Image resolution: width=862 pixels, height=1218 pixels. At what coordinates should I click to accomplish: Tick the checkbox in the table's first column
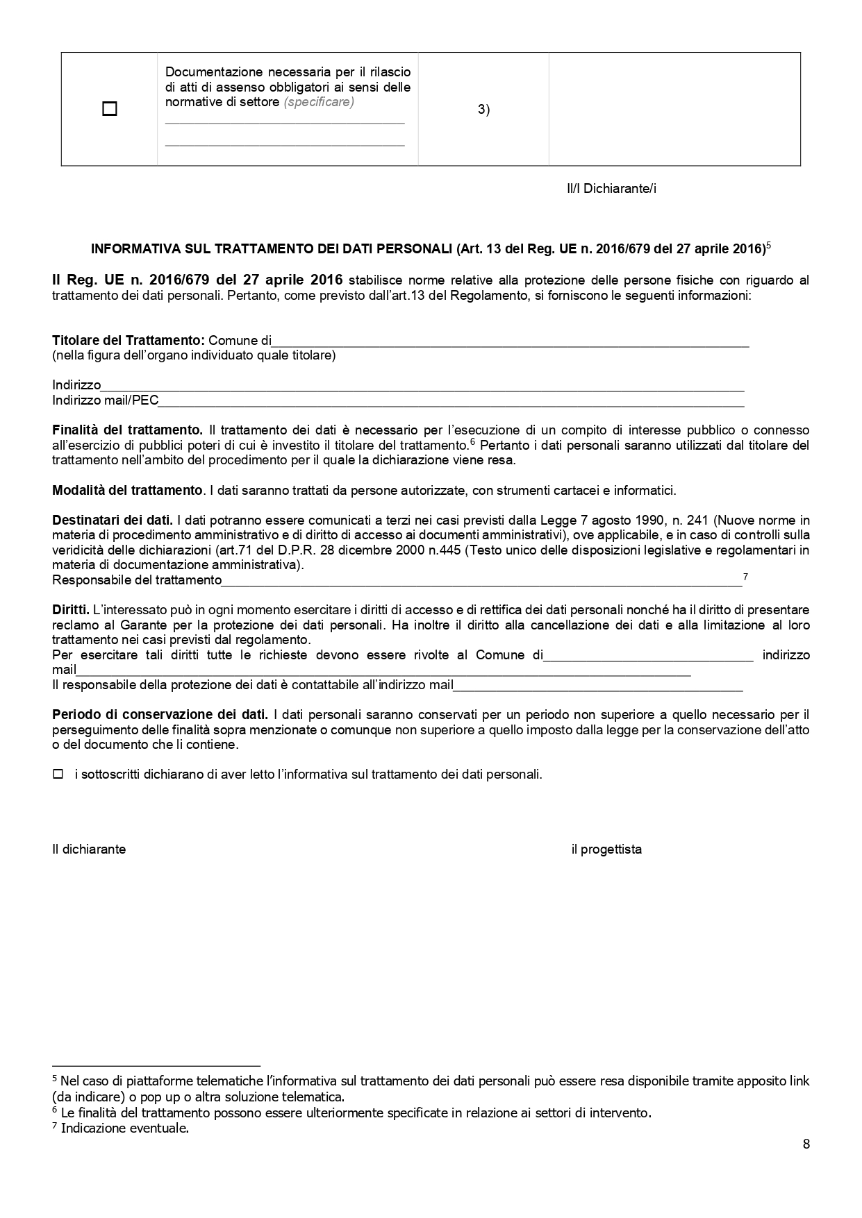pyautogui.click(x=109, y=109)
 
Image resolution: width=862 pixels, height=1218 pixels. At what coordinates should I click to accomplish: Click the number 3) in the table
pyautogui.click(x=483, y=109)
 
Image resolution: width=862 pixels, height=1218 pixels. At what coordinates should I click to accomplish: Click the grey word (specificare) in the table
pyautogui.click(x=319, y=102)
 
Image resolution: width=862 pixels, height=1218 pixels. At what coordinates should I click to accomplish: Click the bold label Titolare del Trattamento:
pyautogui.click(x=129, y=341)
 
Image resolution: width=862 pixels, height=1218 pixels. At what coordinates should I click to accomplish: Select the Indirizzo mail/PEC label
pyautogui.click(x=106, y=400)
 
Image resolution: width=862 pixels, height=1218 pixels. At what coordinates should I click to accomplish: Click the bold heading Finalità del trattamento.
pyautogui.click(x=127, y=430)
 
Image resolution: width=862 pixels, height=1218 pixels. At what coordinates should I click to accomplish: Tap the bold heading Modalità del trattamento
pyautogui.click(x=127, y=491)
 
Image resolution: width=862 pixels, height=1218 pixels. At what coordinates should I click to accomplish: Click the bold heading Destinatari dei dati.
pyautogui.click(x=113, y=520)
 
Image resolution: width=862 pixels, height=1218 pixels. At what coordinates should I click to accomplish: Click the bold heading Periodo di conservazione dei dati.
pyautogui.click(x=160, y=714)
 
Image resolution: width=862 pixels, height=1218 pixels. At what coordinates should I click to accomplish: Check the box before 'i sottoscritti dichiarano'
pyautogui.click(x=58, y=774)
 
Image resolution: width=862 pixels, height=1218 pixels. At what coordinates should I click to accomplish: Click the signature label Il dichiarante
pyautogui.click(x=89, y=849)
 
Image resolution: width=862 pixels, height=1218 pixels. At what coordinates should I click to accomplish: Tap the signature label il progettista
pyautogui.click(x=606, y=849)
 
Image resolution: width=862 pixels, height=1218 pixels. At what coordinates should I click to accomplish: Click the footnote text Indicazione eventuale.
pyautogui.click(x=125, y=1128)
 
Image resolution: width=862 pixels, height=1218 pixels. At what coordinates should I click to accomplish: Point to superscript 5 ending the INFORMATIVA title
pyautogui.click(x=769, y=245)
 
